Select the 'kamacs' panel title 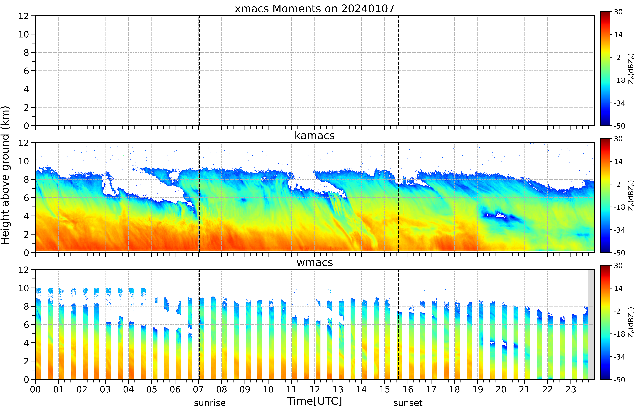[x=315, y=136]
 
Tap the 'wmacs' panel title [x=315, y=262]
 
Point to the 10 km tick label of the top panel [x=24, y=34]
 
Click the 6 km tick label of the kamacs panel [x=26, y=198]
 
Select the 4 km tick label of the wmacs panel [x=26, y=343]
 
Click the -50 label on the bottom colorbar [x=619, y=380]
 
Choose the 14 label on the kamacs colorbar [x=618, y=162]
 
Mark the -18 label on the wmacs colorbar [x=619, y=334]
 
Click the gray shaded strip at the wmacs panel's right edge [x=591, y=324]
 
